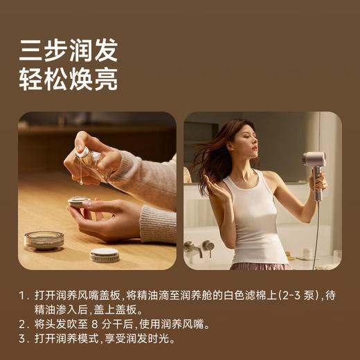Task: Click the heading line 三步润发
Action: click(x=68, y=50)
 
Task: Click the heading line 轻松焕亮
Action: click(x=68, y=79)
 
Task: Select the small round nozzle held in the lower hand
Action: click(x=78, y=202)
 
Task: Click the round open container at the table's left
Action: click(x=44, y=240)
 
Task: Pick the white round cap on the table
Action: click(x=105, y=255)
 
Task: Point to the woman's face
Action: click(x=240, y=142)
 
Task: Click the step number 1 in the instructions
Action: click(x=22, y=295)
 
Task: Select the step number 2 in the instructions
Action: click(x=22, y=324)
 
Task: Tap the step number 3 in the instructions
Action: click(x=22, y=339)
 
